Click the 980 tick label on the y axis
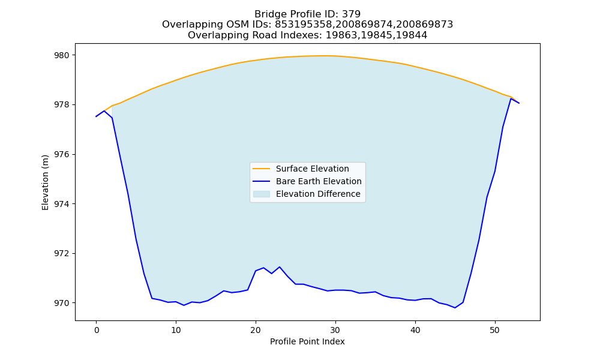click(x=62, y=55)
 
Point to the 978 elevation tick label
click(x=62, y=105)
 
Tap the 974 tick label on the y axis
click(x=62, y=204)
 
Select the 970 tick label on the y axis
click(x=62, y=303)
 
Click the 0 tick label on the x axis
click(x=96, y=330)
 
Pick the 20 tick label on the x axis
click(x=256, y=330)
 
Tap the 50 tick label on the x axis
click(x=495, y=330)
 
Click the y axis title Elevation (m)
click(x=45, y=182)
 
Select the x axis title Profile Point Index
click(x=307, y=341)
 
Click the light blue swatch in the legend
click(x=262, y=194)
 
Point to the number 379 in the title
click(x=351, y=14)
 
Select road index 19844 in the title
click(x=412, y=35)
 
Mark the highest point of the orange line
click(x=325, y=56)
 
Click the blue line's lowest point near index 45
click(x=455, y=308)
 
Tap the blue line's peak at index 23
click(x=280, y=267)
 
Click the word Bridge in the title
click(x=268, y=14)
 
